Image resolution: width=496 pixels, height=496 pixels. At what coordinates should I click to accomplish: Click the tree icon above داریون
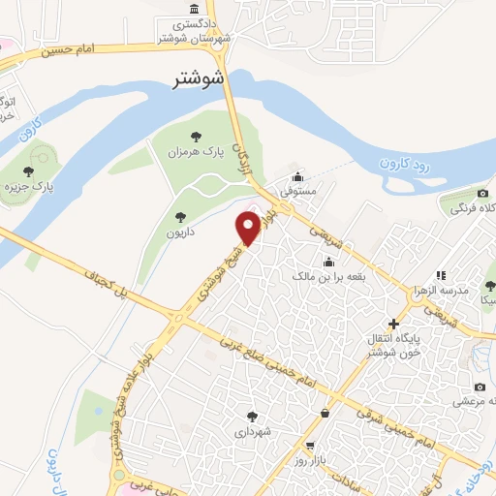pos(178,217)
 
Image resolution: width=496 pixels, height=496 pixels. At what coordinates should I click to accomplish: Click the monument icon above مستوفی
pos(296,177)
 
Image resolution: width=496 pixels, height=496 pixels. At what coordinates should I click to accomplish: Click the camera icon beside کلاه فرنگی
pos(455,196)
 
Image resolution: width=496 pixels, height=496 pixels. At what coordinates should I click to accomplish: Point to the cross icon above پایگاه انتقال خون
pos(392,323)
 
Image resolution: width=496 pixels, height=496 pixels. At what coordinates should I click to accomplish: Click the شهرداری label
pos(253,432)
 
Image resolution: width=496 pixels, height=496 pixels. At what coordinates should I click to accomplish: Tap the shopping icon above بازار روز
pos(323,414)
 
